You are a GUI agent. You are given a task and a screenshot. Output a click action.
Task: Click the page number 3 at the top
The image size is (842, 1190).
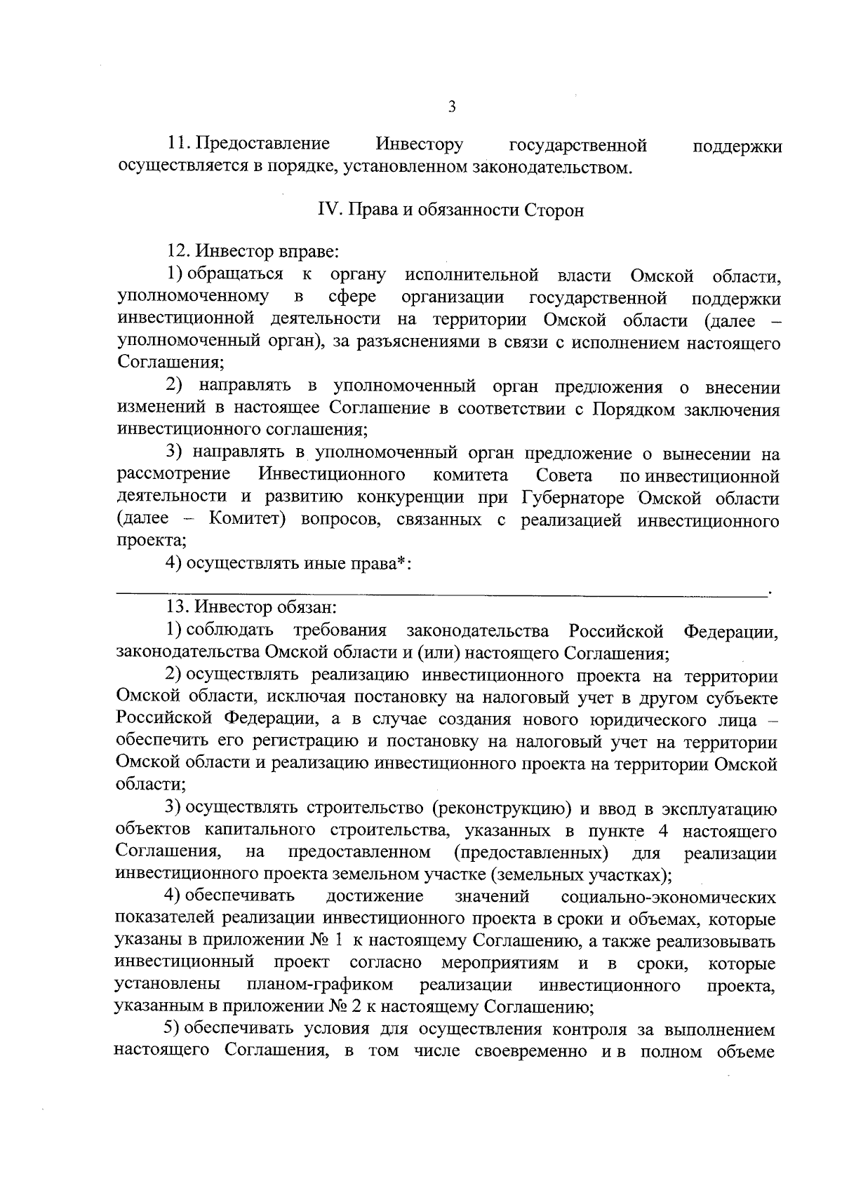(451, 107)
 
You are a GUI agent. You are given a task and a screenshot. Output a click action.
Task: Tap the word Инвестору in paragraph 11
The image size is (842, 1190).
(420, 145)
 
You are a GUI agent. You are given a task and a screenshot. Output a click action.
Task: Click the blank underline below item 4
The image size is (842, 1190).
(442, 593)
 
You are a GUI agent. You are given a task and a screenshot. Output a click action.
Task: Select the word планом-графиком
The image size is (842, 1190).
(319, 985)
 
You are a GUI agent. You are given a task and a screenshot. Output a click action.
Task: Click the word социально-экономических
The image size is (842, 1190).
(669, 898)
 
